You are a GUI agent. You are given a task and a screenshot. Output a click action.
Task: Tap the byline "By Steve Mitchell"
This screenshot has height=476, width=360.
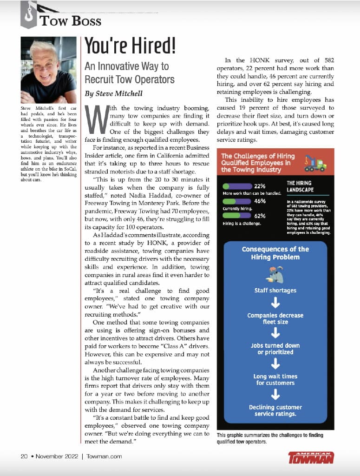pos(113,93)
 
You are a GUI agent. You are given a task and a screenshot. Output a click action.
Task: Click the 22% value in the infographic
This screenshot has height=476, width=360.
pos(260,186)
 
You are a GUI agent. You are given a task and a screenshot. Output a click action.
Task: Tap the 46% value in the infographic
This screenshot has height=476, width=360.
pos(260,201)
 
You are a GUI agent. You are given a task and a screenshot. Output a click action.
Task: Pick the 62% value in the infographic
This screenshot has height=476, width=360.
pos(260,216)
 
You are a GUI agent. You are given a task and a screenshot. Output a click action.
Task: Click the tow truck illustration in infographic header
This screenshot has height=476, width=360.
pos(314,163)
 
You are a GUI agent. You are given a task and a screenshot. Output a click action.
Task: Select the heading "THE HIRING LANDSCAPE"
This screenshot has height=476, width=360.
pos(300,186)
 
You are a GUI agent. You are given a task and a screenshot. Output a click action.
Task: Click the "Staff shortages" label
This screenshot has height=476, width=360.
pos(275,291)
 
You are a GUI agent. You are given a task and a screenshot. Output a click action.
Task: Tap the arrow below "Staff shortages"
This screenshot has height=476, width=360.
pos(275,303)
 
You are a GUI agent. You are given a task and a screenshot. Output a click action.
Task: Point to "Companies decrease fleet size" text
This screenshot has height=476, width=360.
pos(275,318)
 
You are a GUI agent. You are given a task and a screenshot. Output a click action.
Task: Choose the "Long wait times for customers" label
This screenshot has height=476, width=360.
pos(275,380)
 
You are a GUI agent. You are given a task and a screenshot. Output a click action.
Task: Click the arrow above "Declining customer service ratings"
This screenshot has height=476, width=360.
pos(275,395)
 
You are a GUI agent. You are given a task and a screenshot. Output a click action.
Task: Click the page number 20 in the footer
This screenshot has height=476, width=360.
pos(24,456)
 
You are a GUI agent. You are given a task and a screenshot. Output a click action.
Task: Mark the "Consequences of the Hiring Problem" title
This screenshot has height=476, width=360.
pos(275,253)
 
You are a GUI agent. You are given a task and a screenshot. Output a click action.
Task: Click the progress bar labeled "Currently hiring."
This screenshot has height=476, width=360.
pos(236,201)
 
